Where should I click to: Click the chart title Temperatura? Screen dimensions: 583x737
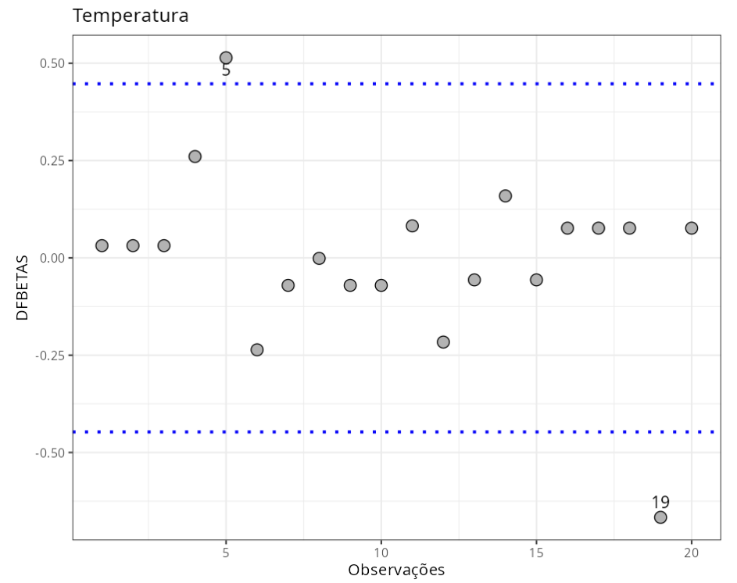pyautogui.click(x=131, y=16)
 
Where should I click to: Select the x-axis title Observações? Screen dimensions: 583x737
pyautogui.click(x=396, y=570)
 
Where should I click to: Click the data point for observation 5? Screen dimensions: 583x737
pyautogui.click(x=226, y=58)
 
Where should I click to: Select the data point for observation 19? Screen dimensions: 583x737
pyautogui.click(x=660, y=517)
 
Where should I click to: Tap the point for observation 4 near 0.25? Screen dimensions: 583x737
pyautogui.click(x=195, y=156)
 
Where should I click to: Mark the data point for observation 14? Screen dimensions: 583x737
pyautogui.click(x=505, y=195)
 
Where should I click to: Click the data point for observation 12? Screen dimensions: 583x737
pyautogui.click(x=443, y=342)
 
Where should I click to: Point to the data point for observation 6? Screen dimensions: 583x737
pyautogui.click(x=257, y=349)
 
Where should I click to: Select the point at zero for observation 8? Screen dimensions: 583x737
pyautogui.click(x=319, y=258)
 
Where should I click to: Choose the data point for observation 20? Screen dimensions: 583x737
pyautogui.click(x=692, y=228)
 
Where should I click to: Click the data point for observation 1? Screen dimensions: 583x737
pyautogui.click(x=102, y=245)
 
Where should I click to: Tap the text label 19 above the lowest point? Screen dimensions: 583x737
pyautogui.click(x=660, y=503)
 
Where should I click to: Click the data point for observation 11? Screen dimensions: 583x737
pyautogui.click(x=412, y=226)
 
